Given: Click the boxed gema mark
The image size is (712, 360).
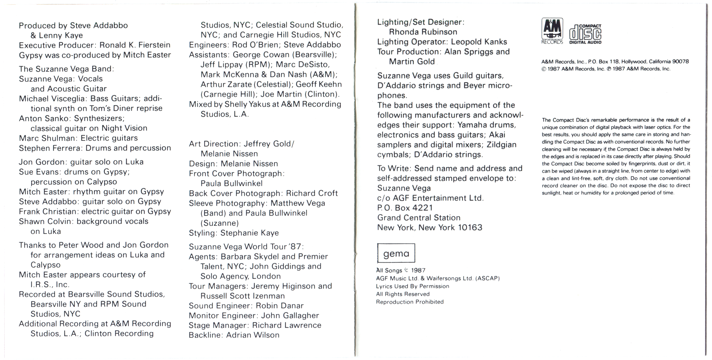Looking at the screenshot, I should pyautogui.click(x=396, y=253).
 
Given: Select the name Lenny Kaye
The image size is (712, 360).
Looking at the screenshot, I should pyautogui.click(x=61, y=35).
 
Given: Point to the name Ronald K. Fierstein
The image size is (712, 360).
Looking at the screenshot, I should pyautogui.click(x=135, y=45).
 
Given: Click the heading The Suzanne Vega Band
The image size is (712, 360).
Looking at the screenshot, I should pyautogui.click(x=66, y=69).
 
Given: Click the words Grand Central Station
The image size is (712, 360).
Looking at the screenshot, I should pyautogui.click(x=419, y=218).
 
